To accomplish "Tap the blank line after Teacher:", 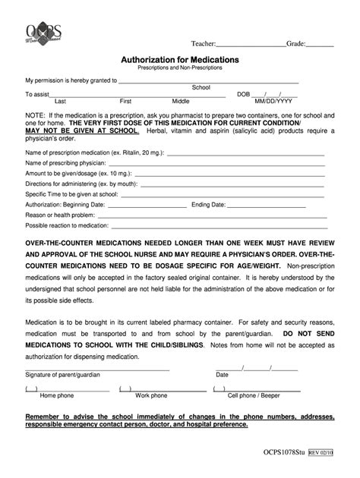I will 251,46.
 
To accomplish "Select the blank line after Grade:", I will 320,46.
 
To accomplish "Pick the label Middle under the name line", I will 181,101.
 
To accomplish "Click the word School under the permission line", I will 201,87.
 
